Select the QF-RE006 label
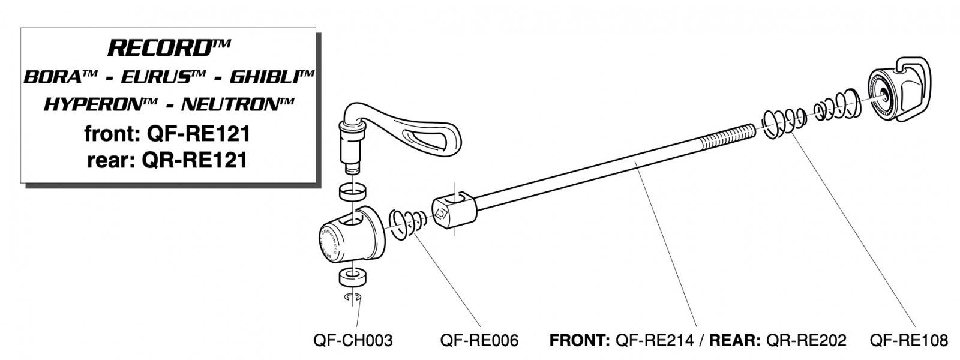(x=479, y=341)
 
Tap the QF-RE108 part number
(x=908, y=341)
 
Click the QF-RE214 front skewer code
(x=652, y=341)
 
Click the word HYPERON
(x=96, y=104)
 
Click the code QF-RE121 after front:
(x=198, y=133)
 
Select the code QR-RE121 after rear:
(x=197, y=160)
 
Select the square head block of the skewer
(x=454, y=212)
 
